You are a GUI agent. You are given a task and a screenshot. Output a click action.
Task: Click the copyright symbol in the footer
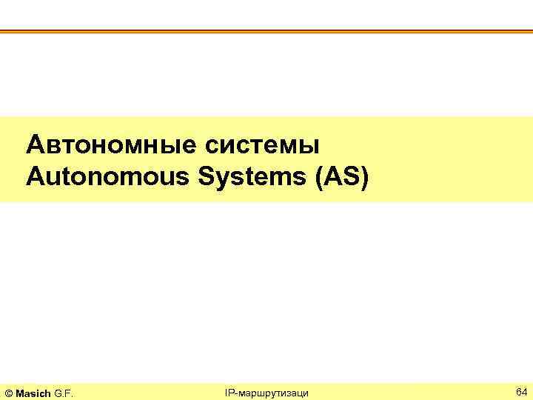tap(8, 391)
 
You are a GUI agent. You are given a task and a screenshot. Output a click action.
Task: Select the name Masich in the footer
tap(33, 391)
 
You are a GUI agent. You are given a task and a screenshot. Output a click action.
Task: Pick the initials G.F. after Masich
tap(64, 391)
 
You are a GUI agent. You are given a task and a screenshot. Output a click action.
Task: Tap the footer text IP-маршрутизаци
tap(266, 391)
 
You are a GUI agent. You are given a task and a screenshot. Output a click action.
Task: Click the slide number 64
tap(521, 390)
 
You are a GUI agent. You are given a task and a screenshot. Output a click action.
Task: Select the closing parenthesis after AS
tap(362, 178)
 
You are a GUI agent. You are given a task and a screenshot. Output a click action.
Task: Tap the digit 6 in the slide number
tap(518, 390)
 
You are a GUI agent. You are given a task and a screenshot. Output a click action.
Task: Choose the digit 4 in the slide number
tap(525, 390)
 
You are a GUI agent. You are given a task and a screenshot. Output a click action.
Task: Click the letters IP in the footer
tap(229, 391)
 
